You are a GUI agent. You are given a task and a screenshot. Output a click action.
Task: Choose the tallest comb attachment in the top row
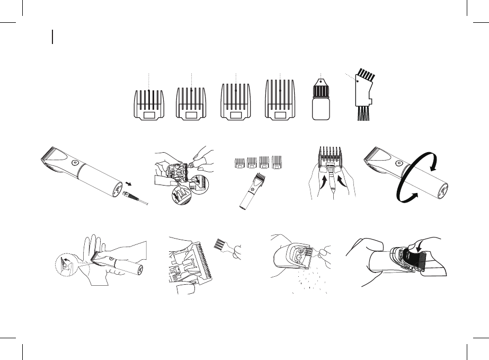click(280, 102)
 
